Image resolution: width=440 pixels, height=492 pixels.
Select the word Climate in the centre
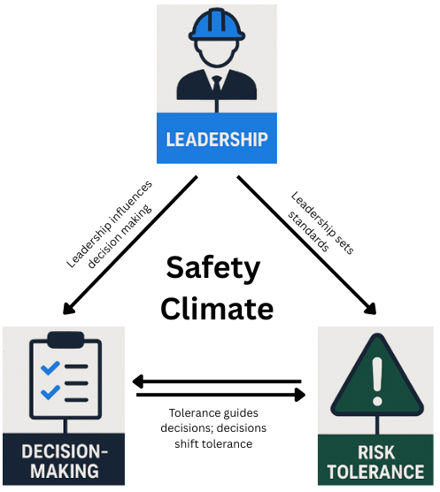coord(218,307)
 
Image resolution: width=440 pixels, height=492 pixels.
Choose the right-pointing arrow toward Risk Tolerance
coord(221,396)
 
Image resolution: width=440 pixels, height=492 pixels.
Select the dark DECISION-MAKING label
coord(61,461)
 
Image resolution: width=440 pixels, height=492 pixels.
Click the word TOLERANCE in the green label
coord(376,473)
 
